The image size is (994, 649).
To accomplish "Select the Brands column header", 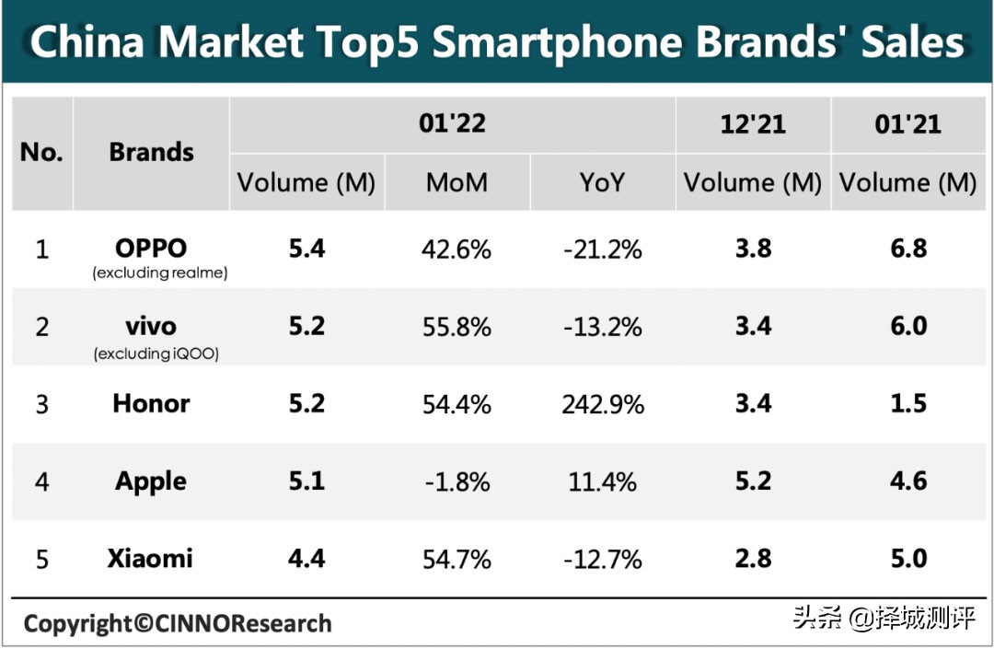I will (152, 152).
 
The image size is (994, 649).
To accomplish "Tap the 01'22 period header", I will (452, 123).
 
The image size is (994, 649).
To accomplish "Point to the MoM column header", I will (457, 182).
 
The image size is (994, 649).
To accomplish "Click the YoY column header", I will (602, 182).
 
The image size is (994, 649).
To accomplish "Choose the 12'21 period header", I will (753, 123).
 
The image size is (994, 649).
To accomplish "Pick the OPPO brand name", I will (152, 249).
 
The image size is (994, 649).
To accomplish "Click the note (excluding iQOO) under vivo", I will (156, 353).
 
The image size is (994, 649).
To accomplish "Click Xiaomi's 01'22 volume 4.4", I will (306, 559).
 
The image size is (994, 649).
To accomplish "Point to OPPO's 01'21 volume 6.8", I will (908, 249).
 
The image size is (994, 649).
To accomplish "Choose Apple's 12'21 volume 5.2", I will (753, 481).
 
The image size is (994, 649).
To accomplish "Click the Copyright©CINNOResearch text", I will (177, 624).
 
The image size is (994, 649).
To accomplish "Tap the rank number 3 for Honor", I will (41, 404).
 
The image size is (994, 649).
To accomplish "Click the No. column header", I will (41, 152).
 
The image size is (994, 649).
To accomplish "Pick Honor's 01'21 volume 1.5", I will (908, 404).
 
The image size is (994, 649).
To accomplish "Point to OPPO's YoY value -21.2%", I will (603, 249).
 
